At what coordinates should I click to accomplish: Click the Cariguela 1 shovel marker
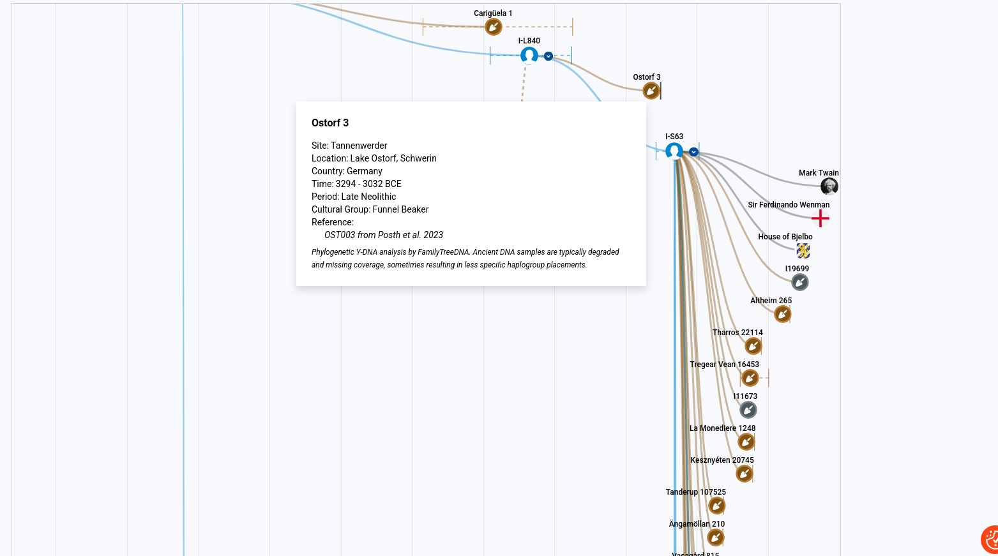[493, 27]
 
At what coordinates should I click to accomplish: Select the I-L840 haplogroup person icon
[529, 56]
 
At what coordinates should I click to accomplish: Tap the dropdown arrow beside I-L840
[548, 56]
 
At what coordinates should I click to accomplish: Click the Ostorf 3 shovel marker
[651, 91]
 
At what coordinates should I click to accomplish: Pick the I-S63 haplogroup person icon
[674, 151]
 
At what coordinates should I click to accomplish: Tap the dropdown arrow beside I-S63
[693, 152]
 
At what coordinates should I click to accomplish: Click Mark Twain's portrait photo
[829, 186]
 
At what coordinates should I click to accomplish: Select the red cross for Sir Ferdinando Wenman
[820, 218]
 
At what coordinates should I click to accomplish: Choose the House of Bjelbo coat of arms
[803, 251]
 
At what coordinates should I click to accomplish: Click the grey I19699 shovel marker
[799, 282]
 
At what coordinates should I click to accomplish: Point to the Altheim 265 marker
[782, 315]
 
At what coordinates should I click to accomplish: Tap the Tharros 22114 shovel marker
[753, 346]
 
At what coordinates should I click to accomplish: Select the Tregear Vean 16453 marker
[750, 379]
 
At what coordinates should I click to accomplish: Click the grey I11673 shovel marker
[748, 410]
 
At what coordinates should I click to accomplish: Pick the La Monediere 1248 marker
[746, 442]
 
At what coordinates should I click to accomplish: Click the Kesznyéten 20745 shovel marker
[744, 474]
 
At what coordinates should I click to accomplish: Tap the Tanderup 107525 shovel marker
[716, 506]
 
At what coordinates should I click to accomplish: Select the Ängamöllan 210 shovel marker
[715, 537]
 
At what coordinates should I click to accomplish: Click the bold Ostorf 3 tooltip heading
[330, 123]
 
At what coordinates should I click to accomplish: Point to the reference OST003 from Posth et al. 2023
[384, 235]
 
